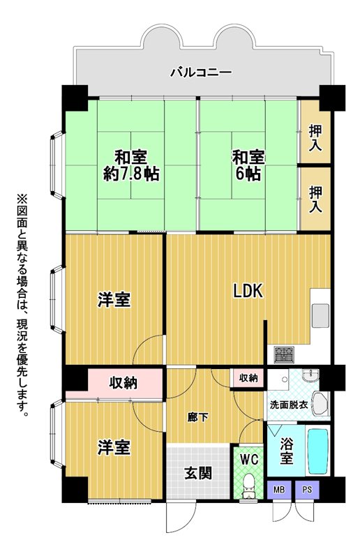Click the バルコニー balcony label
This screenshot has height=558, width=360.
coord(201,73)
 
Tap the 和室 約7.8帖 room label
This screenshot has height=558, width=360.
coord(131,165)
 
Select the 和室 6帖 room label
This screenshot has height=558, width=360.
coord(248,165)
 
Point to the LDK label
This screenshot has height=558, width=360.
coord(248,290)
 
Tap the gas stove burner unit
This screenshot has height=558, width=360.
coord(283,354)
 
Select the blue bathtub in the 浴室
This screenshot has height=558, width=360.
coord(317,451)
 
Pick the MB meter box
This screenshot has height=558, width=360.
coord(279,490)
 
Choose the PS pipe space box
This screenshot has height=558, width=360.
coord(307,490)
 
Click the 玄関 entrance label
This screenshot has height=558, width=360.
coord(198,474)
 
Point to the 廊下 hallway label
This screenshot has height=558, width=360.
coord(198,417)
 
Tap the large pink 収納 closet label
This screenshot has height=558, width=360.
coord(123,382)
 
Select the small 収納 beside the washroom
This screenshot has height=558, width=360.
coord(248,377)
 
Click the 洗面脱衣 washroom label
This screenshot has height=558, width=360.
coord(289,405)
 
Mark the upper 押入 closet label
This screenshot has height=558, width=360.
coord(315,137)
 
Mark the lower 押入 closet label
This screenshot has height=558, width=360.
coord(315,199)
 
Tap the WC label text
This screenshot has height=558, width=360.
coord(249,459)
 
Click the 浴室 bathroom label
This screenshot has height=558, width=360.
coord(286,451)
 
